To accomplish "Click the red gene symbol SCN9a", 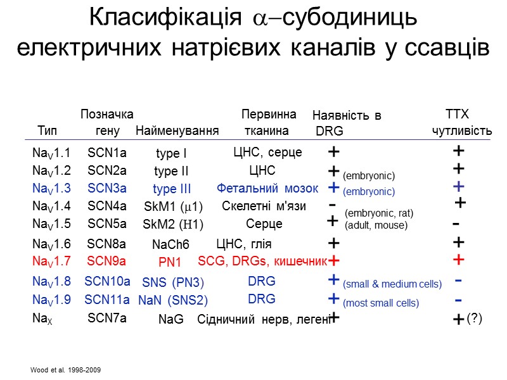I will [x=106, y=260].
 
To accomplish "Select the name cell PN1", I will [x=170, y=262].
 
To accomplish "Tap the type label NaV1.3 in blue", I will [x=51, y=187].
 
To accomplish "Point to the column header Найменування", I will [x=177, y=131].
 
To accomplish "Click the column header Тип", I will [x=47, y=131].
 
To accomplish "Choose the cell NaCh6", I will [x=170, y=244].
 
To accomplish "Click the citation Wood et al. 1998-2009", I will [x=65, y=369].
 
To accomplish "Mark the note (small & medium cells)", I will [x=392, y=285].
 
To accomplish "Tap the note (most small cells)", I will [x=380, y=303].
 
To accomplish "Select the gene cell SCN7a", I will [x=106, y=319].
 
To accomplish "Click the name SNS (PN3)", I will [x=172, y=282].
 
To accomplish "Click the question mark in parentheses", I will [x=474, y=319].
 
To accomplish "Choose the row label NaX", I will [x=41, y=319].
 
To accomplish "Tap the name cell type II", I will [x=171, y=171].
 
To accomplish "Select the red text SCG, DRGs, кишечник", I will [x=262, y=260].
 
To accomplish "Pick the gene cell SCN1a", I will [x=107, y=152].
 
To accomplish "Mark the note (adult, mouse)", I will [x=375, y=225].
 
